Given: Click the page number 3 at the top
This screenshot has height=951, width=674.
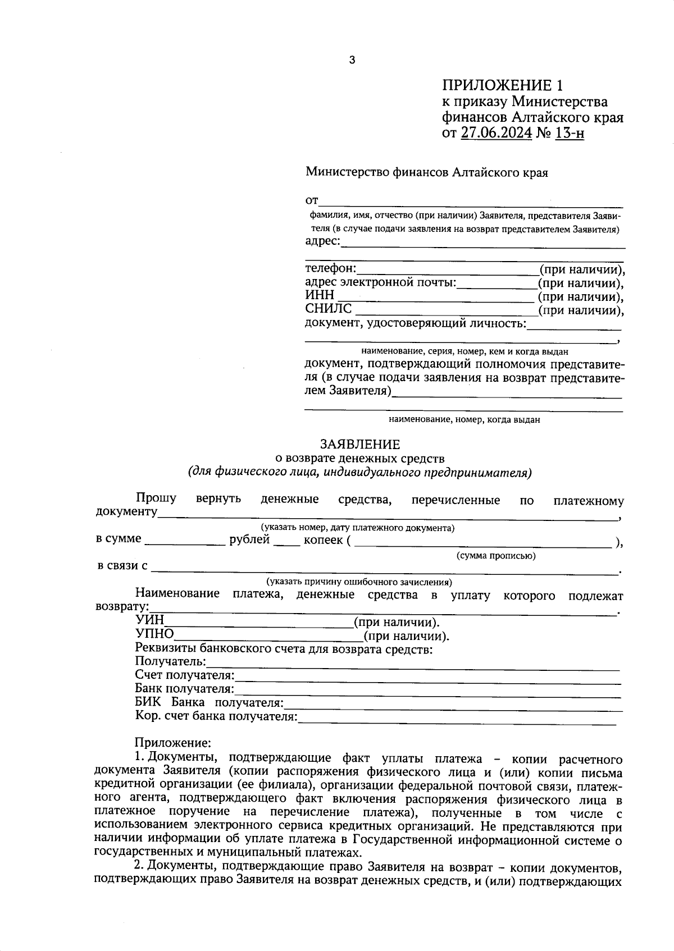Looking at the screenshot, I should pyautogui.click(x=352, y=61).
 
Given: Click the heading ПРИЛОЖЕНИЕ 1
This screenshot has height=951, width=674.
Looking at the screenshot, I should pyautogui.click(x=502, y=85).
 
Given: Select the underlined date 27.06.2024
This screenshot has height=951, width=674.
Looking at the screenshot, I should pyautogui.click(x=496, y=134).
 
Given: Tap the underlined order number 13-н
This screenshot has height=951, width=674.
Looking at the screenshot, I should pyautogui.click(x=569, y=134).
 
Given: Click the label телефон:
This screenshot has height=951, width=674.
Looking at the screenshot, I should pyautogui.click(x=331, y=268).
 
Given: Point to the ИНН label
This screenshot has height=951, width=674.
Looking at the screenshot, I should pyautogui.click(x=320, y=295).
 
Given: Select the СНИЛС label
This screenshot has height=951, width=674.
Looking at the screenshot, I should pyautogui.click(x=329, y=309).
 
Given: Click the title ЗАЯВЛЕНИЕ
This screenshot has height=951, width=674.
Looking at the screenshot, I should pyautogui.click(x=360, y=445).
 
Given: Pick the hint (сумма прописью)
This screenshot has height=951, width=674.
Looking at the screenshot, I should pyautogui.click(x=496, y=556).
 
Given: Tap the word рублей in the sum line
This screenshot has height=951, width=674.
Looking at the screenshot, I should pyautogui.click(x=249, y=540).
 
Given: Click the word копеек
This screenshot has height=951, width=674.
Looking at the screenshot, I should pyautogui.click(x=323, y=540).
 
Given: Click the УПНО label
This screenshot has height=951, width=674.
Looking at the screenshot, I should pyautogui.click(x=154, y=635).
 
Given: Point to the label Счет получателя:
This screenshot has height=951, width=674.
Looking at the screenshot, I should pyautogui.click(x=185, y=675).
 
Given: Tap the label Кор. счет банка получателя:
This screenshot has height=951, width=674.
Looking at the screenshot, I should pyautogui.click(x=216, y=716).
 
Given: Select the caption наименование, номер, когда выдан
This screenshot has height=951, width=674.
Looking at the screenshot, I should pyautogui.click(x=464, y=419).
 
